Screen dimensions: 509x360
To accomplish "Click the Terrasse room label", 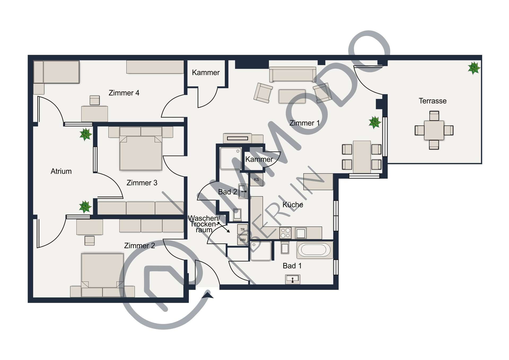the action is [x=432, y=101].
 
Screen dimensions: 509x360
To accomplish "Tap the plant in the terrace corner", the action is [x=474, y=68].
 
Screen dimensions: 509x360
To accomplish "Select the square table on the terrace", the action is [x=434, y=130].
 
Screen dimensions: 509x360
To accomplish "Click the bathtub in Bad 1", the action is [x=315, y=250].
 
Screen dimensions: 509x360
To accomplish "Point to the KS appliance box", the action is [x=256, y=180].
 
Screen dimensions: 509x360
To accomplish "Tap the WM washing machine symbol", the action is [x=242, y=240].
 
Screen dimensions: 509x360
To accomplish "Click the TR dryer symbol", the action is [x=242, y=229].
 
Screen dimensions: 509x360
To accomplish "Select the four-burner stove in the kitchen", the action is [x=286, y=233].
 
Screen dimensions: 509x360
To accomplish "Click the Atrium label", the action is [x=61, y=171].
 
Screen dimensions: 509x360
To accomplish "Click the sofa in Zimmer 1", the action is [x=292, y=75].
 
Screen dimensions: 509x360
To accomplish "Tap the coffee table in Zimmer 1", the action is [x=292, y=96].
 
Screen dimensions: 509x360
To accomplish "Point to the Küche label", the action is [x=293, y=205].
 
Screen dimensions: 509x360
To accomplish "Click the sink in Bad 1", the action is [x=293, y=279].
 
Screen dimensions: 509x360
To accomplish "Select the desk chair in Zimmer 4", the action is [x=95, y=100].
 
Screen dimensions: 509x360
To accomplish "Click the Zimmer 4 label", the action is [x=124, y=93].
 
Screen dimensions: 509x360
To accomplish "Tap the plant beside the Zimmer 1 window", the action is [x=375, y=122].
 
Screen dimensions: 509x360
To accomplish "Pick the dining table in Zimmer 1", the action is [x=362, y=157].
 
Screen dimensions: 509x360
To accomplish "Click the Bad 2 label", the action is [x=227, y=192].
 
